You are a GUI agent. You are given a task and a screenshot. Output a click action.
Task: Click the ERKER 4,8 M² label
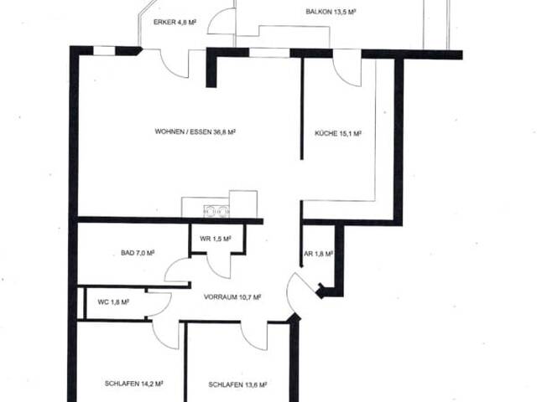point(175,23)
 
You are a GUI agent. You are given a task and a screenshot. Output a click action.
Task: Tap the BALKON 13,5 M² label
point(331,12)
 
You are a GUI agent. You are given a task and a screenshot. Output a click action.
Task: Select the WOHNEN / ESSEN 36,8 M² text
point(196,131)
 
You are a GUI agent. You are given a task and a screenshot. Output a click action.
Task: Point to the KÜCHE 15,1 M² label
point(338,133)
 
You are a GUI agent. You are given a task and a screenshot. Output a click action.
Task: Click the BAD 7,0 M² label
point(138,253)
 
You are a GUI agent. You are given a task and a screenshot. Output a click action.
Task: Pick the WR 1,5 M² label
point(216,239)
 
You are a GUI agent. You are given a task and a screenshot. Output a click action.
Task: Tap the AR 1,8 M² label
point(319,254)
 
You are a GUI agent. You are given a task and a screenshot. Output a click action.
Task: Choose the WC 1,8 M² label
point(113,302)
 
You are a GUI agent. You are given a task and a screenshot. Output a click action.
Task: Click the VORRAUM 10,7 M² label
point(232,297)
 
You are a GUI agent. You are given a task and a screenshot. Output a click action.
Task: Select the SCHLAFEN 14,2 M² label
point(133,384)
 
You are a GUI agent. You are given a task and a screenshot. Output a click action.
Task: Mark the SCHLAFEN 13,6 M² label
point(237,385)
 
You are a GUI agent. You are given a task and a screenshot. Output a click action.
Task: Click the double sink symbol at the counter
point(216,211)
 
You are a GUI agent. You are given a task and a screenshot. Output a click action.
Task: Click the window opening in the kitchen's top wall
point(269,53)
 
